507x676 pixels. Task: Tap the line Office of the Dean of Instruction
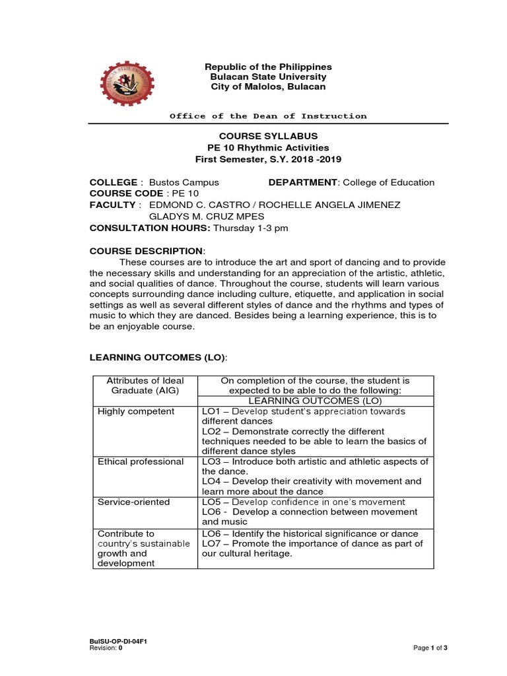pos(268,116)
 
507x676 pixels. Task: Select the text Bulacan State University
pos(268,77)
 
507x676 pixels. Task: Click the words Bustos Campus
pos(184,182)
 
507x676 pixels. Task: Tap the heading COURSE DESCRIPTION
pos(147,251)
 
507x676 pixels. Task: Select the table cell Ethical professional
pos(141,461)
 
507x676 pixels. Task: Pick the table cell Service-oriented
pos(133,502)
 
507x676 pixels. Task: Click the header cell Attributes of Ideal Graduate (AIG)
pos(141,386)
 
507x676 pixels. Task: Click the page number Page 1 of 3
pos(430,648)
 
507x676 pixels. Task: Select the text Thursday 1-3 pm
pos(251,228)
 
